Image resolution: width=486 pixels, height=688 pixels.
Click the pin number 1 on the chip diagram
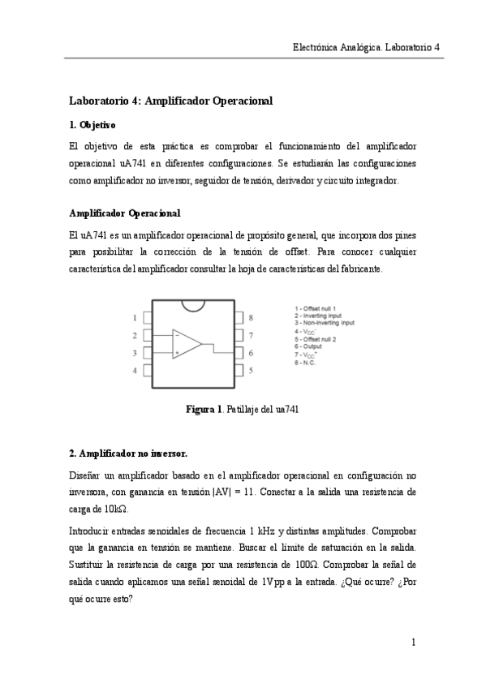click(135, 317)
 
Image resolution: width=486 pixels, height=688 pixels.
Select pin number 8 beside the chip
click(251, 317)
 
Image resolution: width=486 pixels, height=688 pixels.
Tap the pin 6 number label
click(251, 353)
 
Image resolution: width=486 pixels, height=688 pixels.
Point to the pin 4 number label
click(135, 371)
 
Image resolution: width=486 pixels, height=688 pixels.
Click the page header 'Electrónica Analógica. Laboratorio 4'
click(365, 47)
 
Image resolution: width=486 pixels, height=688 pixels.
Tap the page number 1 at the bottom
click(413, 643)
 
